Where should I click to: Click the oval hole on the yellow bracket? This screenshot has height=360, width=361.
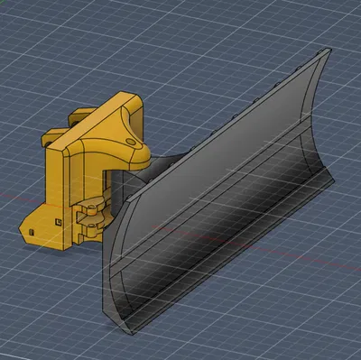(134, 141)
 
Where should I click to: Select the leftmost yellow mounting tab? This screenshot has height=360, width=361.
(50, 138)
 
